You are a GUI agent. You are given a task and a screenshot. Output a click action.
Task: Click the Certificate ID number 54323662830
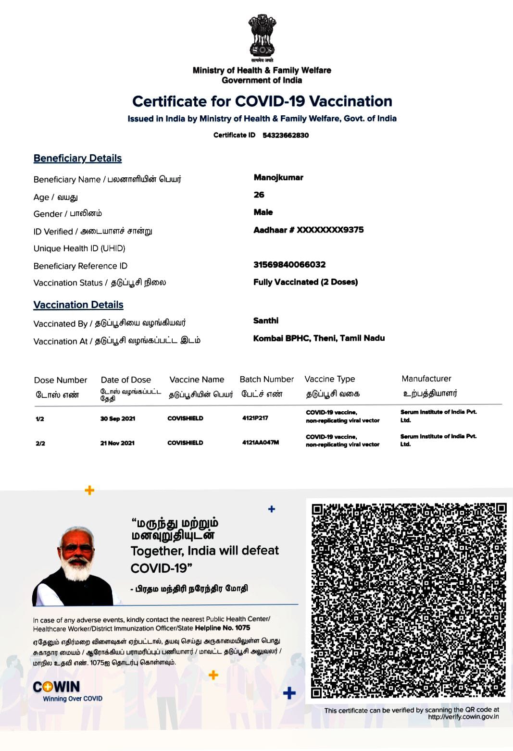click(286, 135)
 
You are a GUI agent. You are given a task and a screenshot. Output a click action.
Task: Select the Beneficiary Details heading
click(77, 158)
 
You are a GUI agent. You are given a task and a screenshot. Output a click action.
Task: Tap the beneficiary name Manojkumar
click(278, 177)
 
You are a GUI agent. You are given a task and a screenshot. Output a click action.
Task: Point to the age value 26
click(259, 195)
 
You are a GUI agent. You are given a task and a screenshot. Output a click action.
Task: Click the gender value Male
click(263, 212)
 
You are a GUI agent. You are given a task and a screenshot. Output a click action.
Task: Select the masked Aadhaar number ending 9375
click(308, 230)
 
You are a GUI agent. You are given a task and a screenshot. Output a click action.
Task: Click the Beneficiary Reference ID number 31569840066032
click(289, 264)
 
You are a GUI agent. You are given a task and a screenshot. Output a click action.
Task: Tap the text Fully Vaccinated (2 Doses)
click(305, 282)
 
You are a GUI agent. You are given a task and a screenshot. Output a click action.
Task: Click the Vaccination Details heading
click(78, 305)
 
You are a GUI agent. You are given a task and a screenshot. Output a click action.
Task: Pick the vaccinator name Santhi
click(266, 320)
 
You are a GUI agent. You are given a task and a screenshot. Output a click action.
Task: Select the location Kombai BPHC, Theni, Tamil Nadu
click(319, 338)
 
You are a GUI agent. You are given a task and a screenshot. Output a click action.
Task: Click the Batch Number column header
click(266, 379)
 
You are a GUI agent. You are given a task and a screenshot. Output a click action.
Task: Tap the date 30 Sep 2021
click(118, 419)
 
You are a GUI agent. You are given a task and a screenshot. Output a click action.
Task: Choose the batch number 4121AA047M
click(260, 442)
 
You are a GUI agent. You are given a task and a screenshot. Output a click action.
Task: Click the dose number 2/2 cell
click(40, 443)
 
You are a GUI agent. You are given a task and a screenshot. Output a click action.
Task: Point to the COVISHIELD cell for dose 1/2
click(185, 418)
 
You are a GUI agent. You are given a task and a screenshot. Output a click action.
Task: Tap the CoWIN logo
click(56, 687)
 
